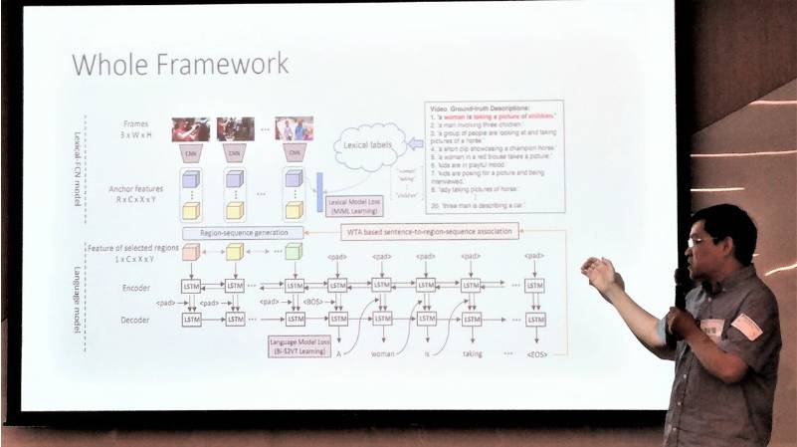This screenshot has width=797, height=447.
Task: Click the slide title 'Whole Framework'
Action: coord(180,65)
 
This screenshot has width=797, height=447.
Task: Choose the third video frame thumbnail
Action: coord(294,129)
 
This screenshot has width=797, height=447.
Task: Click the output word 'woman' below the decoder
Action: coord(384,352)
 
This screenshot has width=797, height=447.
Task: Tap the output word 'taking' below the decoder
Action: coord(472,352)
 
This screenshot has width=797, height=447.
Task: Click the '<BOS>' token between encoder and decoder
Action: coord(311,301)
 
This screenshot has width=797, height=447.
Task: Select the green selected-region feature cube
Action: coord(292,252)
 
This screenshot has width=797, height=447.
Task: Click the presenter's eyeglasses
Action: coord(698,240)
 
